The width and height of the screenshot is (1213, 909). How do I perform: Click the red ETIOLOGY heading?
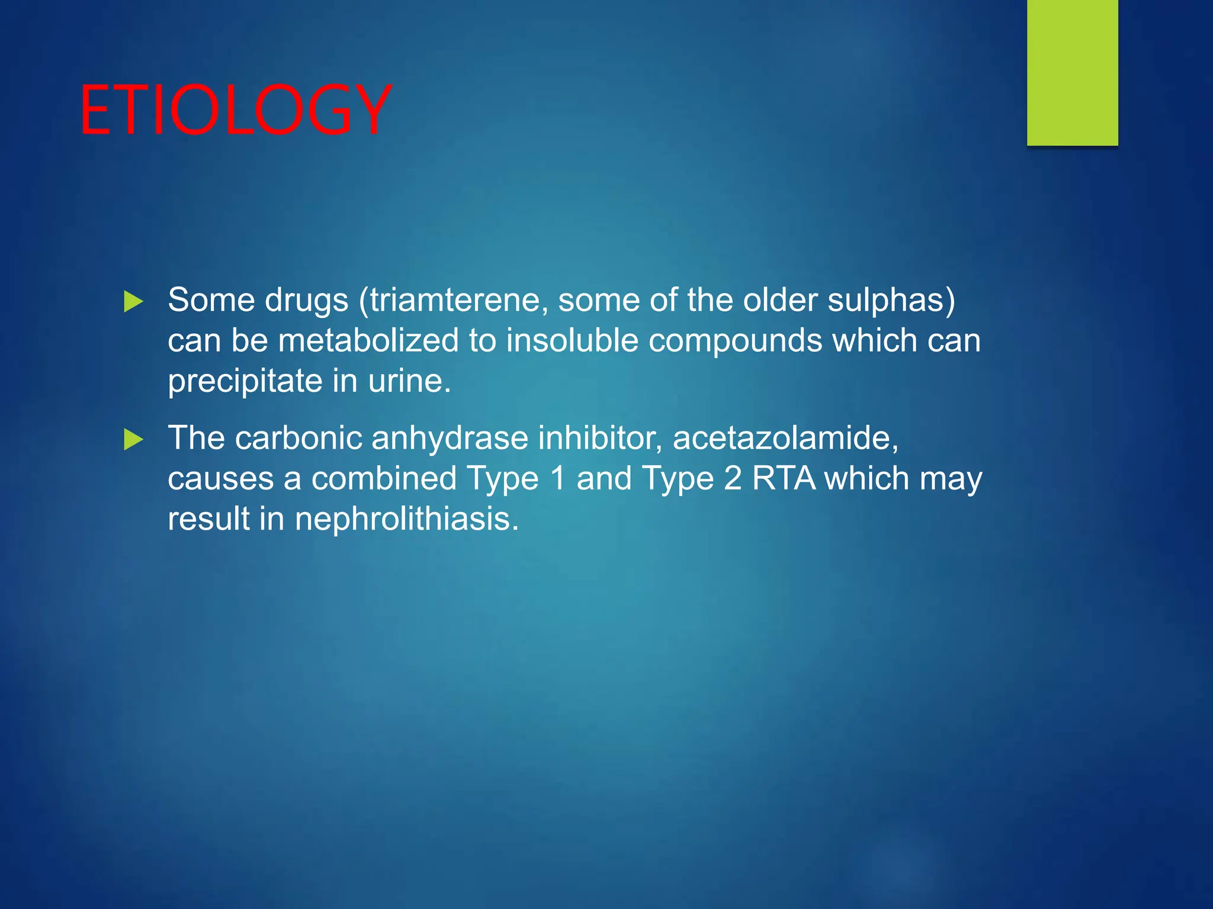point(235,111)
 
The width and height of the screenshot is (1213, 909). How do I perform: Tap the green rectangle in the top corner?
point(1072,72)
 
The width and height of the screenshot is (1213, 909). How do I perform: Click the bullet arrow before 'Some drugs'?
point(133,302)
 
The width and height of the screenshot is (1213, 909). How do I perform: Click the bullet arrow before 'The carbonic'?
point(133,440)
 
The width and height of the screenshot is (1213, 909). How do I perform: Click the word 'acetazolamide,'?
point(785,439)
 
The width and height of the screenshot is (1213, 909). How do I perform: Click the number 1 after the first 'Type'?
point(557,478)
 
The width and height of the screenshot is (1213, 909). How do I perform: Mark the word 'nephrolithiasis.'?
point(406,519)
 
